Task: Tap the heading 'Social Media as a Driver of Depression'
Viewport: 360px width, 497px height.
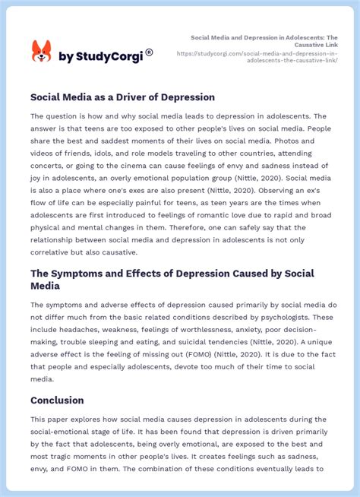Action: (122, 97)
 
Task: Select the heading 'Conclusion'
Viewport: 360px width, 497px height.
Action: (57, 400)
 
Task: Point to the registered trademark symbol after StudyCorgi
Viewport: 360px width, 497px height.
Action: (149, 52)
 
